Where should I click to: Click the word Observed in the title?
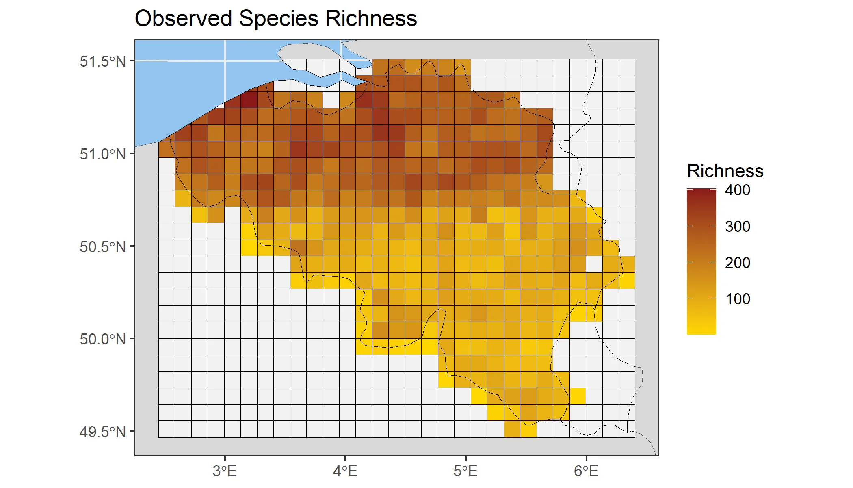pos(183,19)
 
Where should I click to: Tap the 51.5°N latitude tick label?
pos(103,61)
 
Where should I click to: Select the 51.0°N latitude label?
pos(103,154)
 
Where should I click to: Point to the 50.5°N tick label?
pos(103,247)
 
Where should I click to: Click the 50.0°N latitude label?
pos(103,339)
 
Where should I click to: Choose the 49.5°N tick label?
pos(103,432)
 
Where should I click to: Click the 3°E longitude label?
pos(225,471)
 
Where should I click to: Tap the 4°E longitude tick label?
pos(345,471)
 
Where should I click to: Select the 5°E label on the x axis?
pos(465,471)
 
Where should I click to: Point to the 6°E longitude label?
pos(586,471)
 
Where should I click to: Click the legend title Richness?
pos(725,171)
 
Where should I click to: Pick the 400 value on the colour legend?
pos(738,190)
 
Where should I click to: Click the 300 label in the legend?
pos(738,227)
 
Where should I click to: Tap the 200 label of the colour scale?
pos(738,263)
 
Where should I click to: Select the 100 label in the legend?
pos(738,299)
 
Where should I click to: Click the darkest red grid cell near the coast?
pos(249,100)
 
